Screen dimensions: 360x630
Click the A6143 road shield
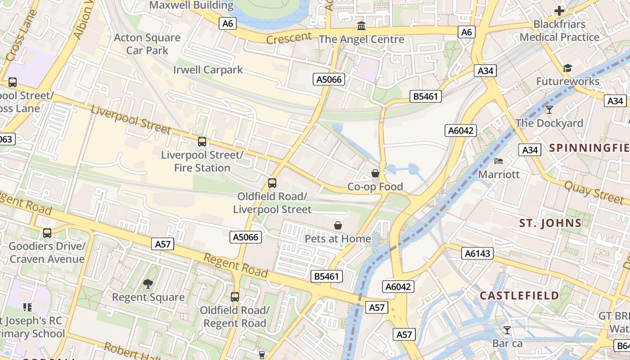click(x=477, y=254)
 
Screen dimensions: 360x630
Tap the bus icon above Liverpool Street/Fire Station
click(x=202, y=142)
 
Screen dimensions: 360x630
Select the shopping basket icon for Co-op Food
click(x=375, y=173)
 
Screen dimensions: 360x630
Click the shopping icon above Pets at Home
click(x=338, y=225)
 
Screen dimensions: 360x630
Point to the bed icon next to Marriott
click(x=498, y=161)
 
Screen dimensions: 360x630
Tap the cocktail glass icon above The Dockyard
click(x=549, y=109)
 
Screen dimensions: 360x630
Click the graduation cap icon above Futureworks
click(x=567, y=68)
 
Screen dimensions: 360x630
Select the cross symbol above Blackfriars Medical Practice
click(x=559, y=10)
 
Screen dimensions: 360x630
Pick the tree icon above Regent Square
click(x=148, y=283)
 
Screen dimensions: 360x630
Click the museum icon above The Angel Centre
click(x=361, y=26)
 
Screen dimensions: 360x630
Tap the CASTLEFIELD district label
click(x=519, y=296)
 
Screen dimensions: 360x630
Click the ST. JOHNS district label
click(x=550, y=223)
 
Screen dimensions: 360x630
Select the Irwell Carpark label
click(x=208, y=70)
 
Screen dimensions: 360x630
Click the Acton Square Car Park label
click(x=147, y=44)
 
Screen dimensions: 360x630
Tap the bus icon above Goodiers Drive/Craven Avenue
click(x=47, y=233)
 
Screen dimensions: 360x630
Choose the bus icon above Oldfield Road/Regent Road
click(x=235, y=297)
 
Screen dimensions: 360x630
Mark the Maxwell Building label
click(x=191, y=5)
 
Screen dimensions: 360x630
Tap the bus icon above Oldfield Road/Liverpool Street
click(x=272, y=183)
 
